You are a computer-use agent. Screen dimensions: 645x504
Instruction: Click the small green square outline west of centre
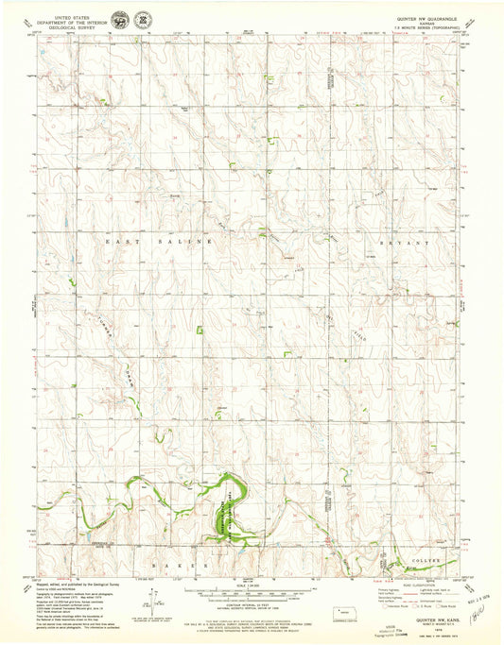[x=173, y=331]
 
